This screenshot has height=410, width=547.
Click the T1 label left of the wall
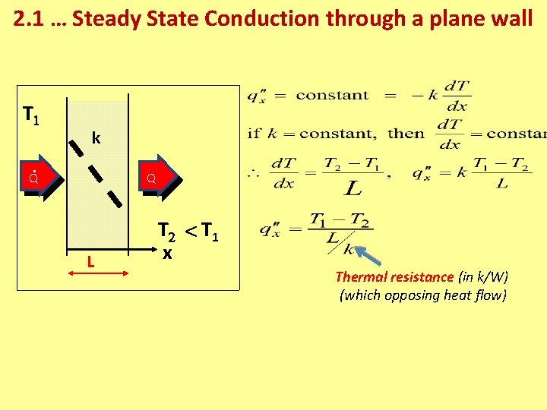(31, 115)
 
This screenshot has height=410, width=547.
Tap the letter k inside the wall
(96, 138)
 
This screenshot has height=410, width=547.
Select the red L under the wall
(90, 262)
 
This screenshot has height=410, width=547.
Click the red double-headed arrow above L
(97, 248)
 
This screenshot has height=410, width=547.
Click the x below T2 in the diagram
(166, 254)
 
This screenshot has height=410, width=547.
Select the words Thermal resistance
(394, 277)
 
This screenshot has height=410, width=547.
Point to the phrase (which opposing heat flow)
(422, 295)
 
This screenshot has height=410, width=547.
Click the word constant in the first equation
(332, 95)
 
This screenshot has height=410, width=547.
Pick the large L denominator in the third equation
(353, 186)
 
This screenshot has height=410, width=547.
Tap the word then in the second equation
(406, 134)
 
